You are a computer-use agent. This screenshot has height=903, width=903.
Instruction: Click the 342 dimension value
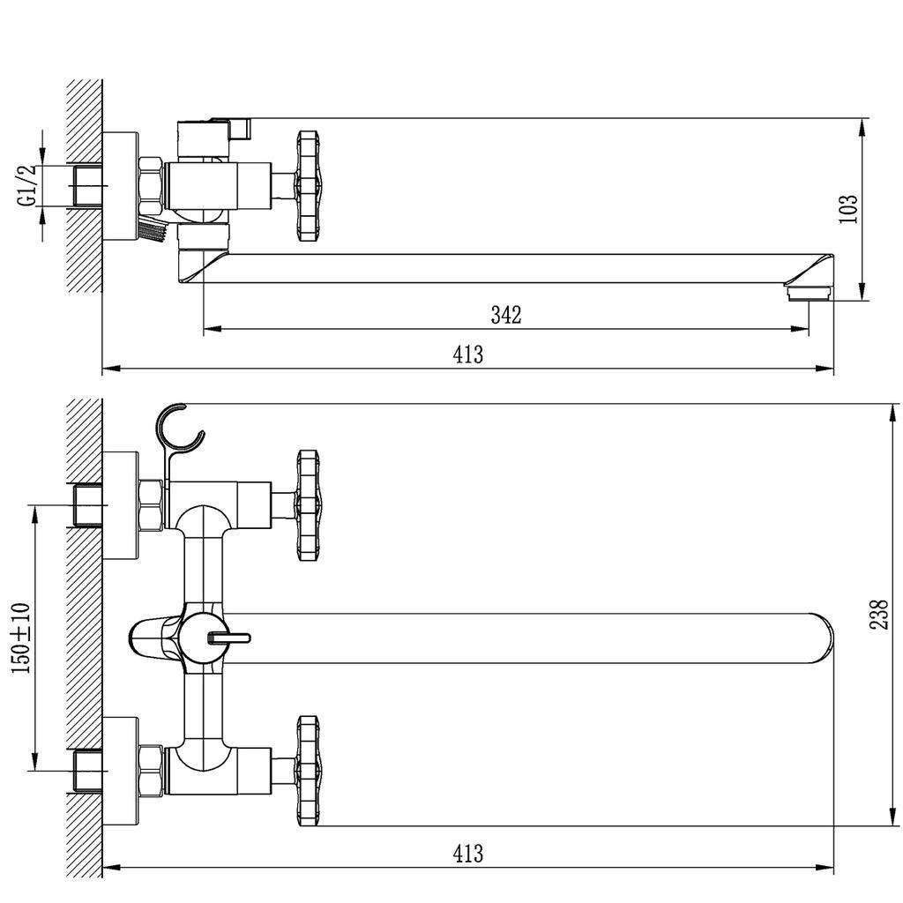[505, 315]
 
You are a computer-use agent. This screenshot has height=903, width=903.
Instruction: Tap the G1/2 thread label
[27, 185]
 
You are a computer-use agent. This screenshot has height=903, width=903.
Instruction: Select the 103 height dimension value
[848, 208]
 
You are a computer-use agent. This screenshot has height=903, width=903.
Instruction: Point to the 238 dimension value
[879, 615]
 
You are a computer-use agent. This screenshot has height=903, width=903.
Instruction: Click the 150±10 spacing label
[21, 638]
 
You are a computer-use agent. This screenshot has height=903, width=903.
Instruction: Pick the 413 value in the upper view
[467, 354]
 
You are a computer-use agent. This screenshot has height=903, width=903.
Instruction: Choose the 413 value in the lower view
[467, 853]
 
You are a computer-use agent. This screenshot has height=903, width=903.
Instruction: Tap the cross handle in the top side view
[308, 185]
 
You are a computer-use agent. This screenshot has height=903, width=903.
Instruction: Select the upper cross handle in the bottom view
[308, 505]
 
